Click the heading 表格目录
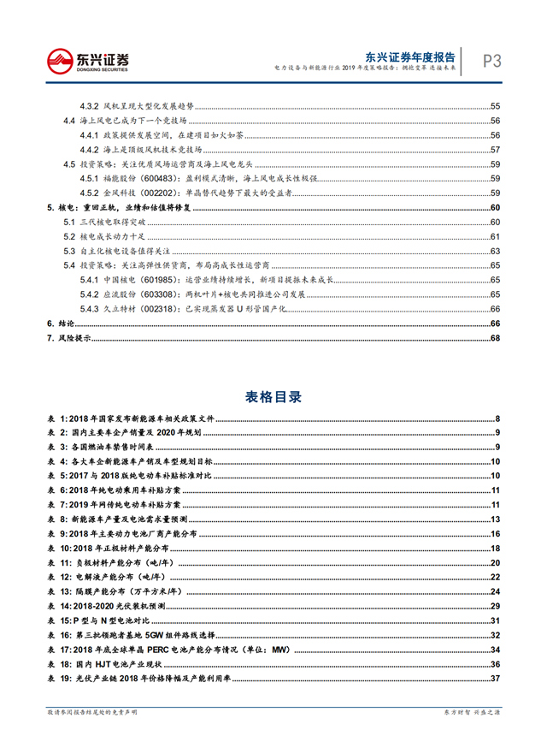pyautogui.click(x=273, y=397)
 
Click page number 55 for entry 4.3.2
pyautogui.click(x=494, y=106)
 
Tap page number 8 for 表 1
pyautogui.click(x=497, y=418)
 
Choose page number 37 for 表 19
pyautogui.click(x=494, y=680)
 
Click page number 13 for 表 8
pyautogui.click(x=494, y=519)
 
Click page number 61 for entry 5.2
pyautogui.click(x=494, y=236)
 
